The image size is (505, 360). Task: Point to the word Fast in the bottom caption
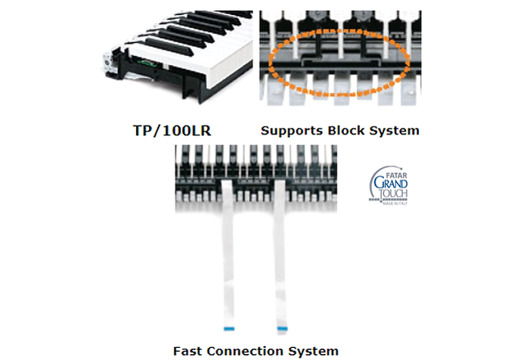coord(189,351)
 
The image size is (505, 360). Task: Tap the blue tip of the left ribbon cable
coord(229,328)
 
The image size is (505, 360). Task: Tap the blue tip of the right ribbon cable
coord(283,328)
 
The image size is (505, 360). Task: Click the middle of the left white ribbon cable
coord(228,257)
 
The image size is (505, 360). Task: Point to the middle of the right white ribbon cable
coord(281,257)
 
